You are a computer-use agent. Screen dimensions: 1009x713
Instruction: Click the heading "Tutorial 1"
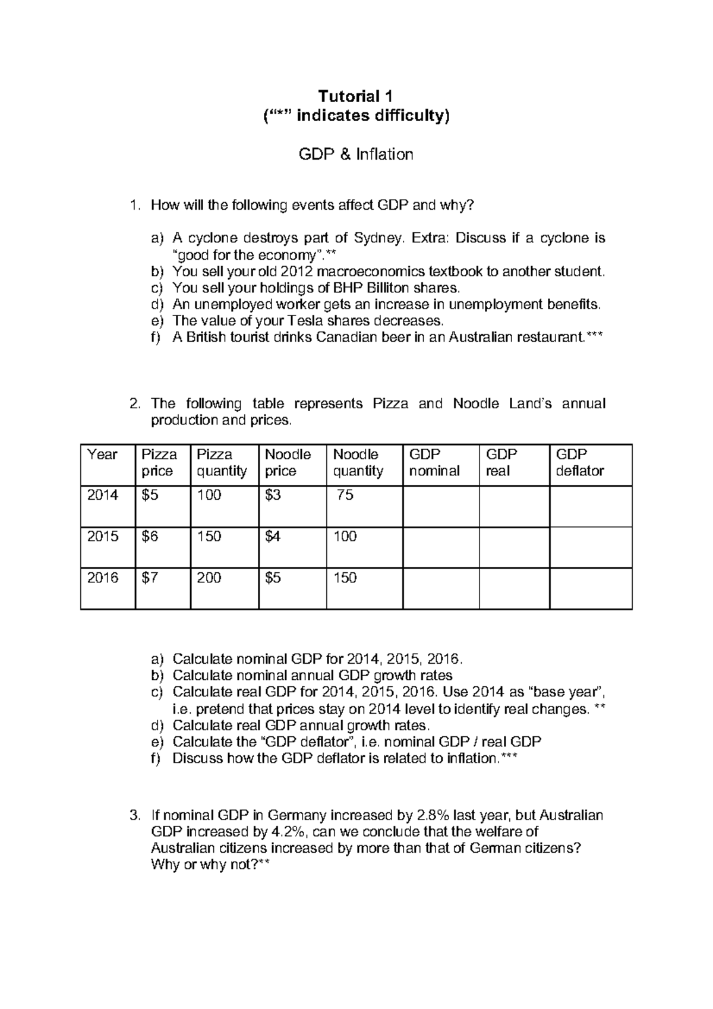point(356,96)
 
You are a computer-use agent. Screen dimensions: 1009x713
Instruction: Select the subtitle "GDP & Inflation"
point(356,154)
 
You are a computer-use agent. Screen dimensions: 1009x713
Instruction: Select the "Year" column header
point(102,455)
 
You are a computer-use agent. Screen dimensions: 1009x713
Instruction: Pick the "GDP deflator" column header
point(579,463)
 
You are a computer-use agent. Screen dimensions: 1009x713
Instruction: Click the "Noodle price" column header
point(288,463)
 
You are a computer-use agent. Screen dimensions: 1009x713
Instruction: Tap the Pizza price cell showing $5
point(150,495)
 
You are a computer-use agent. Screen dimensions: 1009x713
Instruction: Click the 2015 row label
point(103,537)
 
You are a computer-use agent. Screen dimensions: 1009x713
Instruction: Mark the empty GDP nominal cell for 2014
point(440,506)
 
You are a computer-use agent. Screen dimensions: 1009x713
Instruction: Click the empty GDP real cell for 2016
point(514,588)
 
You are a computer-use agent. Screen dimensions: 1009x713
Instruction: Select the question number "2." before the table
point(135,404)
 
